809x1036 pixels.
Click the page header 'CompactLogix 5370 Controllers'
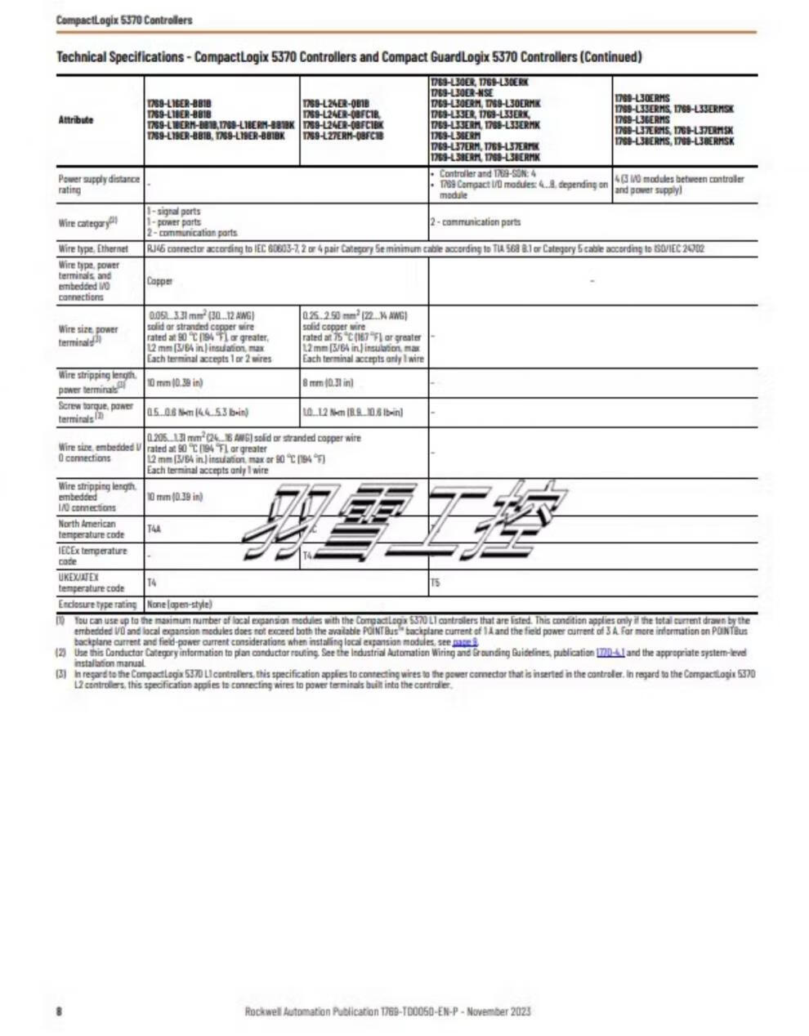tap(124, 20)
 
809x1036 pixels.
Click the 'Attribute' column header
tap(76, 120)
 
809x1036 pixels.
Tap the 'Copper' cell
tap(159, 281)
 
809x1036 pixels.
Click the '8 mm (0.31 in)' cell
tap(328, 382)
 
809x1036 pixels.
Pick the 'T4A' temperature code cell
tap(154, 529)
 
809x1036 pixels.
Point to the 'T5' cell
tap(435, 583)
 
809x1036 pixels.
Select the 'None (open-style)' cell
tap(179, 605)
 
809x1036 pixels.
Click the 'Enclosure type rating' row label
tap(97, 605)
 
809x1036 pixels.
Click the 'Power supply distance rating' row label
tap(98, 184)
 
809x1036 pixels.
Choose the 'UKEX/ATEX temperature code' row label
tap(91, 583)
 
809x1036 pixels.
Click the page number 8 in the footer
tap(60, 1011)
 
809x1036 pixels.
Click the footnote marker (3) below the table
tap(60, 674)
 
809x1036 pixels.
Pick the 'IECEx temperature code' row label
tap(92, 556)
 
